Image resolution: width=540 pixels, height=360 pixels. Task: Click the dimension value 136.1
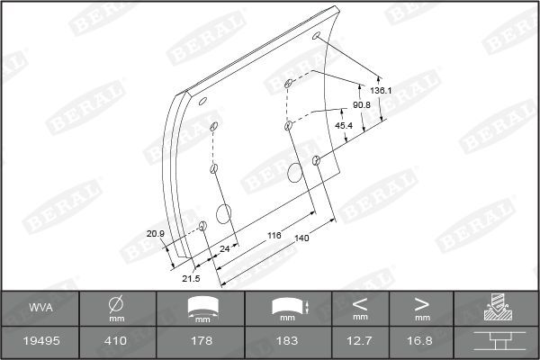pyautogui.click(x=380, y=91)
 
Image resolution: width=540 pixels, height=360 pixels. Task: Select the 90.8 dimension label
pyautogui.click(x=362, y=105)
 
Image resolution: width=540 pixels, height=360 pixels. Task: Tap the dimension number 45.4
pyautogui.click(x=344, y=125)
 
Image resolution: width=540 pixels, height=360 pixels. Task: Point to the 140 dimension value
pyautogui.click(x=301, y=238)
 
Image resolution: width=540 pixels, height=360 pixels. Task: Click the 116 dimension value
pyautogui.click(x=274, y=235)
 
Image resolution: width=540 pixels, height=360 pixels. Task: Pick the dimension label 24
pyautogui.click(x=225, y=247)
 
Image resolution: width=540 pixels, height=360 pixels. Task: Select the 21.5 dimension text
pyautogui.click(x=191, y=279)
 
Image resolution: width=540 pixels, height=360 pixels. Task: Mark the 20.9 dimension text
pyautogui.click(x=155, y=234)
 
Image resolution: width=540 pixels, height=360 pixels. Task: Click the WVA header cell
pyautogui.click(x=40, y=308)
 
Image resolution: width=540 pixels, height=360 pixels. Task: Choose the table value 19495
pyautogui.click(x=40, y=342)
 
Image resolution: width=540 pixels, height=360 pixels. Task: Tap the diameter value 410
pyautogui.click(x=116, y=342)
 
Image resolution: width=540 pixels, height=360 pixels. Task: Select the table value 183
pyautogui.click(x=288, y=342)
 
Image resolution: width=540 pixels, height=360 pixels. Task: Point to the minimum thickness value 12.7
pyautogui.click(x=360, y=342)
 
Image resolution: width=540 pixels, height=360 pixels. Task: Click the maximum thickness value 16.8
pyautogui.click(x=422, y=342)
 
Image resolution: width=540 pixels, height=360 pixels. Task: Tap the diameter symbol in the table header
pyautogui.click(x=116, y=302)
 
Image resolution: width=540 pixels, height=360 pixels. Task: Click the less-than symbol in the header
pyautogui.click(x=360, y=302)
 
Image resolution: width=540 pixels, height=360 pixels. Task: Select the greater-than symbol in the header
pyautogui.click(x=422, y=302)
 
